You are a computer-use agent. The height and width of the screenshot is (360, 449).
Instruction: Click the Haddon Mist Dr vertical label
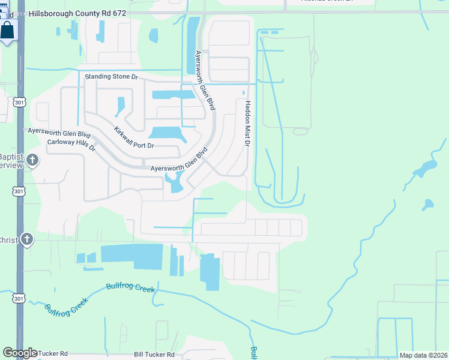246,123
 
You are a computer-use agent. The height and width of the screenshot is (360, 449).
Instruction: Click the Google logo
20,353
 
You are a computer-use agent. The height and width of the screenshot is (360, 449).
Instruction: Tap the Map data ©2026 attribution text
423,355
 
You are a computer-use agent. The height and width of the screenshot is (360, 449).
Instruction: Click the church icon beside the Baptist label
33,160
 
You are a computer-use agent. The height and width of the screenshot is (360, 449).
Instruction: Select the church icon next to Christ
26,239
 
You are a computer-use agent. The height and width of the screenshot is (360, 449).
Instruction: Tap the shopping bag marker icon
8,30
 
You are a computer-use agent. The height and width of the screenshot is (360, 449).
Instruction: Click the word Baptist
11,157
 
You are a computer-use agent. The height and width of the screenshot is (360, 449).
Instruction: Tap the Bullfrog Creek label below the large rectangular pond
130,288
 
